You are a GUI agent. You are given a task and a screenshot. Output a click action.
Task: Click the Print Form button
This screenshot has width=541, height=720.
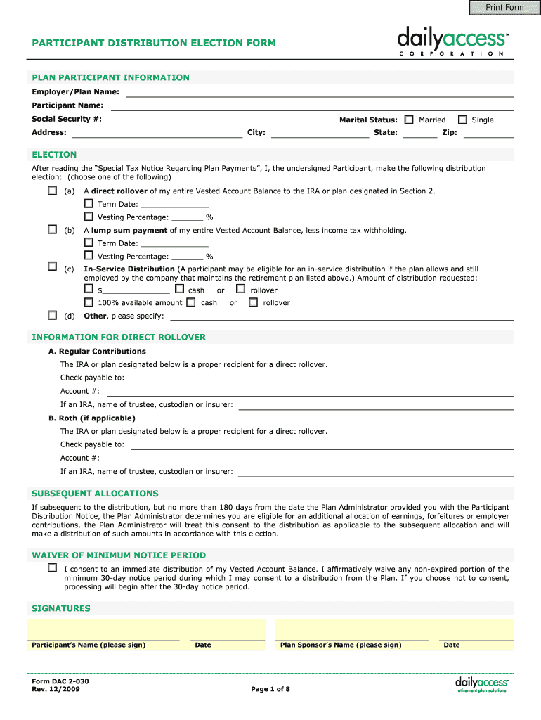[505, 8]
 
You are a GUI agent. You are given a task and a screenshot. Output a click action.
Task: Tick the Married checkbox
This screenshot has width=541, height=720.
[409, 120]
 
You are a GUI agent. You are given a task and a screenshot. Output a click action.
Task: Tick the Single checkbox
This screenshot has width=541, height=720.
[462, 120]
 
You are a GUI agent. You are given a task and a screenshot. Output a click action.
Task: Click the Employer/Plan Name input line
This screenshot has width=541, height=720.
[320, 92]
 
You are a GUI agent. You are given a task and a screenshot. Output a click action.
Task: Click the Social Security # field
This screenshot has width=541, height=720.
[220, 119]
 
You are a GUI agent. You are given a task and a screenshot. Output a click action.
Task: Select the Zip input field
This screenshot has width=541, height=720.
[488, 133]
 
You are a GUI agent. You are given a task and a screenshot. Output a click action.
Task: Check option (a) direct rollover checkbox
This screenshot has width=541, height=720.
[52, 191]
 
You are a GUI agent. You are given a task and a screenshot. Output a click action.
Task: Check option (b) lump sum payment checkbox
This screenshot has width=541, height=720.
[52, 230]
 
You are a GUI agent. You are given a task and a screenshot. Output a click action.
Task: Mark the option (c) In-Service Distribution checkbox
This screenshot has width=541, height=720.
[52, 266]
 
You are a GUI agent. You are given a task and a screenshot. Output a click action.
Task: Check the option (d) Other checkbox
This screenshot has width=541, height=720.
[52, 315]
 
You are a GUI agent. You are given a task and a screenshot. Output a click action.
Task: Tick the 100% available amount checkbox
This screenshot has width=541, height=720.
[89, 302]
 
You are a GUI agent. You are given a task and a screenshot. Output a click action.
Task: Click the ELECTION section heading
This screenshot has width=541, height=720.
[54, 155]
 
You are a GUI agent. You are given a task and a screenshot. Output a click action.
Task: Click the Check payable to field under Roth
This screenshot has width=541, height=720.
[322, 445]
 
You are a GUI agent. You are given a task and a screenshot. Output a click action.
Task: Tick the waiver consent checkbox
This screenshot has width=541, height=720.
[52, 567]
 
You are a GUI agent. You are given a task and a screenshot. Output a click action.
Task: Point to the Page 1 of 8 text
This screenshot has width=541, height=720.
[270, 689]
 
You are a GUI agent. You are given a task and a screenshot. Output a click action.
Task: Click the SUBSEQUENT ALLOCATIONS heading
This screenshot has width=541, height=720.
[95, 494]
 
